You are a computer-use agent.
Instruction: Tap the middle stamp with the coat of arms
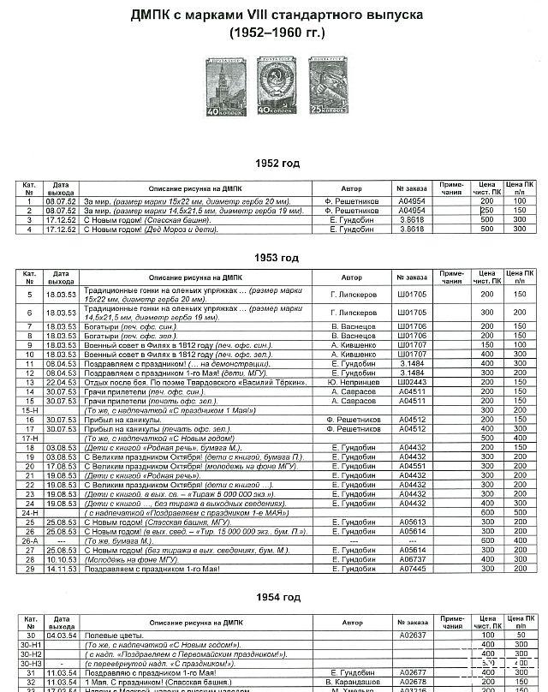coord(274,86)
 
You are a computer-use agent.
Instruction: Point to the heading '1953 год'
coord(276,257)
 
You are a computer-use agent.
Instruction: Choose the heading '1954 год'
coord(276,597)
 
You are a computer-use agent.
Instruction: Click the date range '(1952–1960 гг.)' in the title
coord(276,33)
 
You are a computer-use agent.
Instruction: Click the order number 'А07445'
coord(412,569)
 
